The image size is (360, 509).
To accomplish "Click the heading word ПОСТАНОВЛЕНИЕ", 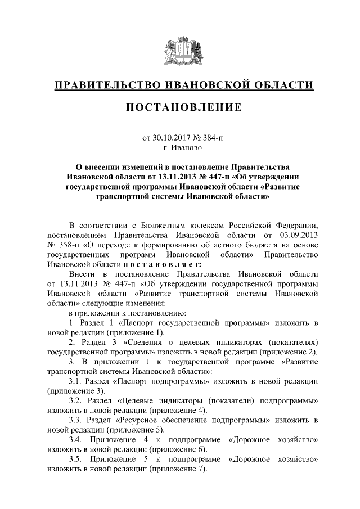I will [180, 107].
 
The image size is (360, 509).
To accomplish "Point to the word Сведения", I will [152, 343].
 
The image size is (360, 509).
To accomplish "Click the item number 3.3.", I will [76, 420].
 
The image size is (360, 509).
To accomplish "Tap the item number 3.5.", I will [76, 460].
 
